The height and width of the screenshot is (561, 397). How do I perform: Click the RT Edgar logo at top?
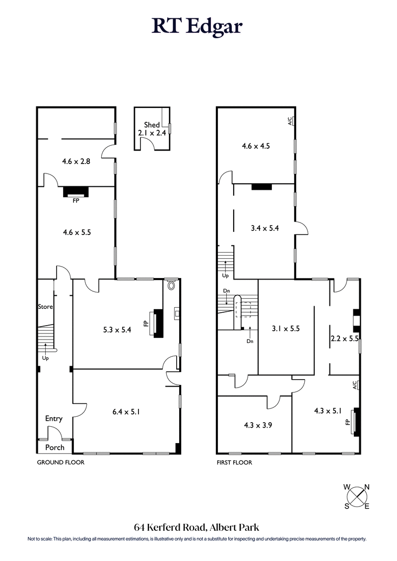point(198,26)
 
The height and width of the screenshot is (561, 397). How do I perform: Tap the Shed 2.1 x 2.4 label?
point(151,129)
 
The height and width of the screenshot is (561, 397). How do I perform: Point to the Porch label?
point(55,447)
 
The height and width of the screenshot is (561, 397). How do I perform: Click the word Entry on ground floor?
point(54,419)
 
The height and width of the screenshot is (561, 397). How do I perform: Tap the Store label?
point(45,307)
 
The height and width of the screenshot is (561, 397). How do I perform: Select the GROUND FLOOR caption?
point(61,462)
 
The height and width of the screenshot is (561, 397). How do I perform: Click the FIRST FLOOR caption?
point(235,462)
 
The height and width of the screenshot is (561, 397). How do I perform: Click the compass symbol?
point(357,496)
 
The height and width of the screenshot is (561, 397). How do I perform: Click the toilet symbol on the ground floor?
point(172,286)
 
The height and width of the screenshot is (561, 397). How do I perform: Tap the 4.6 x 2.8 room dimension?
point(76,161)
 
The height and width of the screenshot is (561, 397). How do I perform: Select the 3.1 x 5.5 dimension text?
point(285,328)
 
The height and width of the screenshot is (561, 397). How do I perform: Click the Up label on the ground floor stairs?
point(45,357)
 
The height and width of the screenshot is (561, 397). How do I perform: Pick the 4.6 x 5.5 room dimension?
point(76,231)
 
